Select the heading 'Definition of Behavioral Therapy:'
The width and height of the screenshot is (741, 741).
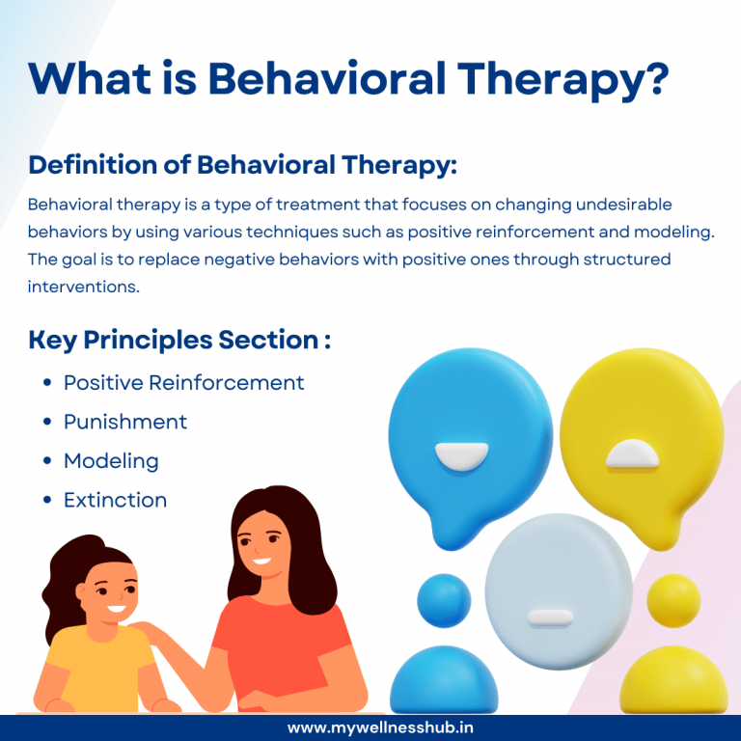[242, 165]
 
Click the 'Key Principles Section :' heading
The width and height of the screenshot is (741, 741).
[179, 340]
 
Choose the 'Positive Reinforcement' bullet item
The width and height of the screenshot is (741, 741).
[183, 383]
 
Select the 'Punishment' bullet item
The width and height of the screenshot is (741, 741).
[125, 422]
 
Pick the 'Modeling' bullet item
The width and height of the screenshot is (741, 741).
[111, 461]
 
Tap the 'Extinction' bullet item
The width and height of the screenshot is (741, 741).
[115, 500]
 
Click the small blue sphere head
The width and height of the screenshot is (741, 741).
[443, 599]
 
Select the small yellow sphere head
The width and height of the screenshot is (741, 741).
[673, 599]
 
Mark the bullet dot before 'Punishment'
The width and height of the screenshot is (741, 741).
[47, 423]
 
